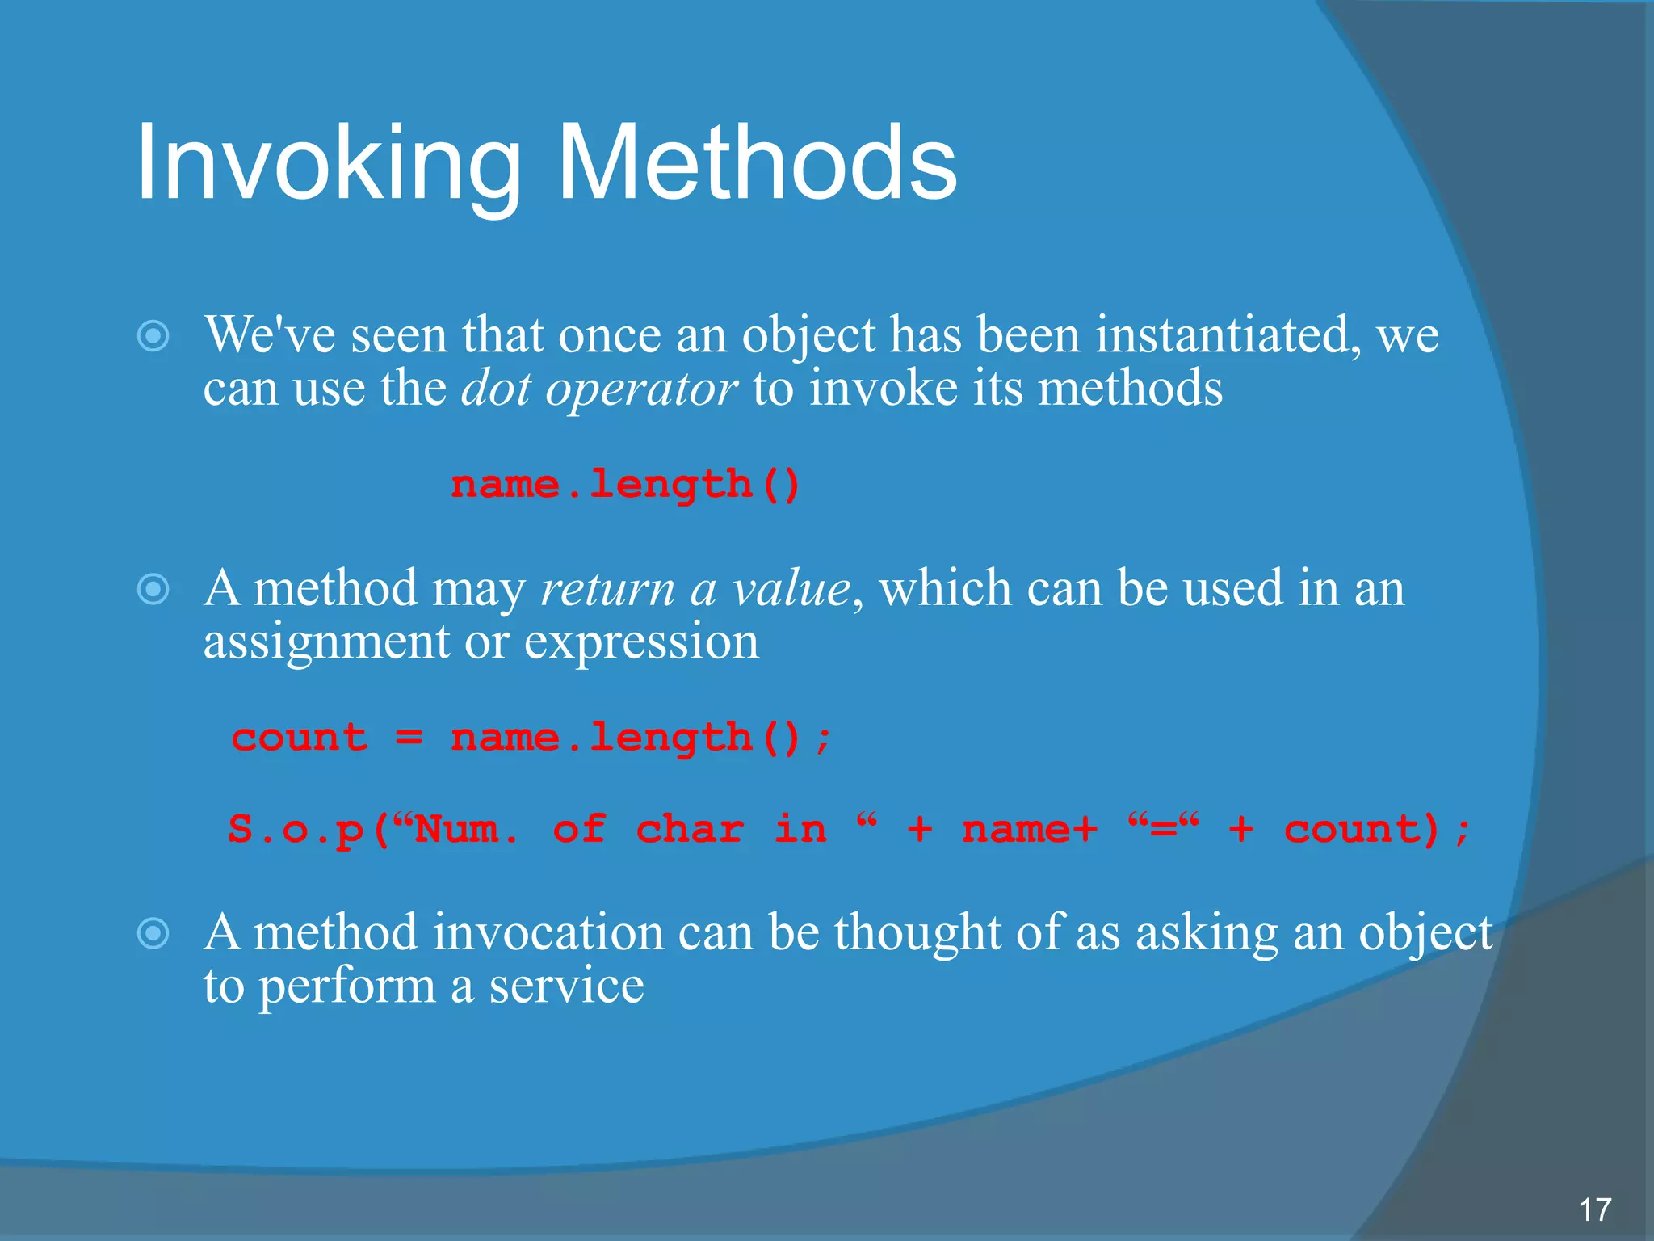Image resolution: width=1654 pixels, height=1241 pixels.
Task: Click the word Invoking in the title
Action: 328,164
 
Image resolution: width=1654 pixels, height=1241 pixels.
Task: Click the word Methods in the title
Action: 757,164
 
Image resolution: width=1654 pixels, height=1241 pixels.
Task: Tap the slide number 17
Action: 1594,1209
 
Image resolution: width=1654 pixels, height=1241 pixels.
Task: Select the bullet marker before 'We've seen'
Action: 153,336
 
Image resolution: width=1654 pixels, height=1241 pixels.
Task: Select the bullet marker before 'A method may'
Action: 153,589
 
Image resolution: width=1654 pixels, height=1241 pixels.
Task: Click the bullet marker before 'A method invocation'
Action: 153,934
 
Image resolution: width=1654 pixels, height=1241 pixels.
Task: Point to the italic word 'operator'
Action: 640,389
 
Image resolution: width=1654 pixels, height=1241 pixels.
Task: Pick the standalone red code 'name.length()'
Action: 625,485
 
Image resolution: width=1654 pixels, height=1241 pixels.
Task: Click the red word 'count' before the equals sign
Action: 300,738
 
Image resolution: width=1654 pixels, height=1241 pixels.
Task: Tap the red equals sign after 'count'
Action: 409,738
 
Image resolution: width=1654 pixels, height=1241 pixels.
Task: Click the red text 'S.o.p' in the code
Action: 296,830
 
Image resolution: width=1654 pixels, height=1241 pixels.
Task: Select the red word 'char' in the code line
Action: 689,830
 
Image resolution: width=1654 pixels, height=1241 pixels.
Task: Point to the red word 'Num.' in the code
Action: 467,830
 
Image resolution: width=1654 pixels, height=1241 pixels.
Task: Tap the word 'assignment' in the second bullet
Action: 325,643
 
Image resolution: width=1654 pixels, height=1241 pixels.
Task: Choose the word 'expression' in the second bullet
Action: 641,643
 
